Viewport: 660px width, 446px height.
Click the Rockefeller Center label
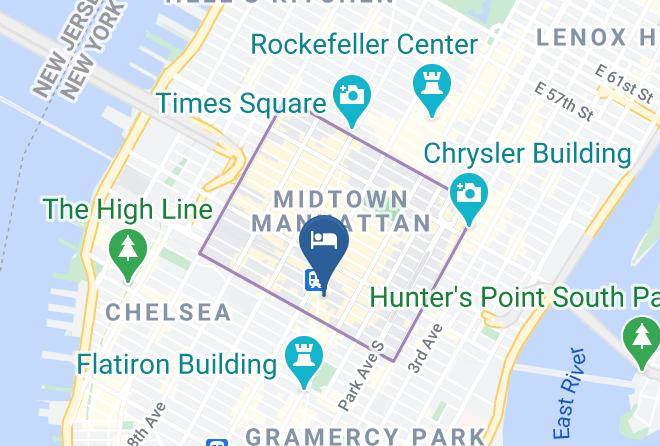(364, 45)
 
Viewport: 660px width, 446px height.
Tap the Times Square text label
(241, 104)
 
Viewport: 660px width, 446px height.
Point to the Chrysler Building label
(527, 154)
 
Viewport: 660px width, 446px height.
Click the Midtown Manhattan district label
(341, 210)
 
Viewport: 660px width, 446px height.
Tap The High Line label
(128, 210)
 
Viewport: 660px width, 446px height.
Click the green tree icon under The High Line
(127, 253)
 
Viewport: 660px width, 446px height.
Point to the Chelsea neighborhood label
(168, 313)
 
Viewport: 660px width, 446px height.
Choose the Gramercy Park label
(364, 436)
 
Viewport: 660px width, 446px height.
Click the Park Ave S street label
(361, 375)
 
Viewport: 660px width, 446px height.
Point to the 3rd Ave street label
(424, 349)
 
